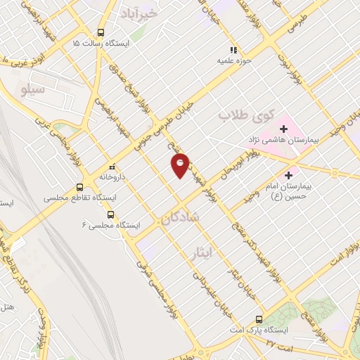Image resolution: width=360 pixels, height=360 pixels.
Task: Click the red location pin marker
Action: [181, 165]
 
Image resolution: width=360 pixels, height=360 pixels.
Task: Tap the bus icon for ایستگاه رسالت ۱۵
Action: [101, 32]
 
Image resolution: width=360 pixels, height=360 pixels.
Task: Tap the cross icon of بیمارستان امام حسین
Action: [288, 174]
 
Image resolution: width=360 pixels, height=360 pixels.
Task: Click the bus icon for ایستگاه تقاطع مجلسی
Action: [79, 188]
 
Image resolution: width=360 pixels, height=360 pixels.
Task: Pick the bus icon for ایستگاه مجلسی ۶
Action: [110, 214]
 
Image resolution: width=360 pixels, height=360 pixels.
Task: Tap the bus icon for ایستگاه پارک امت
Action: [259, 318]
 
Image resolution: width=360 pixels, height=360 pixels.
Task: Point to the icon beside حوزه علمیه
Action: [234, 50]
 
